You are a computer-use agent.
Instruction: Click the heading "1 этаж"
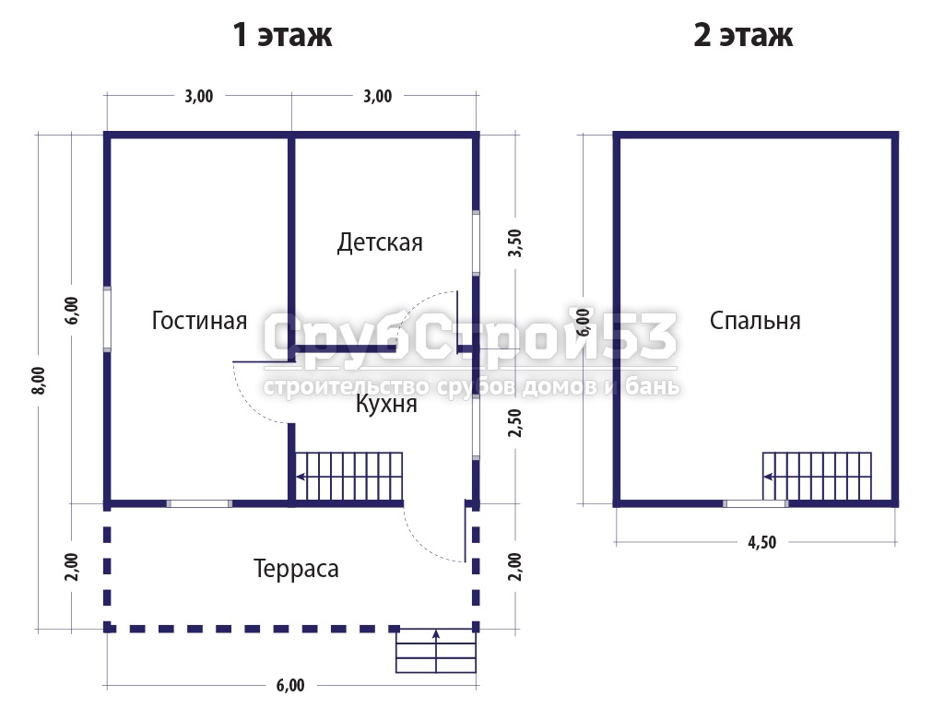click(282, 34)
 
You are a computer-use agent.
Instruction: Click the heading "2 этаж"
click(743, 34)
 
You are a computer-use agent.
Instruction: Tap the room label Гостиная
click(199, 320)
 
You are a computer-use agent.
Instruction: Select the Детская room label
click(380, 242)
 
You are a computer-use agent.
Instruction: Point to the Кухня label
click(386, 404)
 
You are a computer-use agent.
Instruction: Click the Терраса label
click(296, 569)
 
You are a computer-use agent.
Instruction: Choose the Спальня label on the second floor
click(755, 320)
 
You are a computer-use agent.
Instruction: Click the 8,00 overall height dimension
click(38, 381)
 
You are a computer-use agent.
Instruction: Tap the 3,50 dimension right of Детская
click(515, 243)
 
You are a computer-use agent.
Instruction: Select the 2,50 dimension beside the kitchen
click(515, 422)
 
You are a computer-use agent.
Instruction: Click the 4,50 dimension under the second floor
click(762, 542)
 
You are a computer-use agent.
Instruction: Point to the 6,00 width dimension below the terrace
click(290, 685)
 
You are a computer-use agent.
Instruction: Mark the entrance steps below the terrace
click(436, 650)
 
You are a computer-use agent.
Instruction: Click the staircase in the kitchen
click(348, 477)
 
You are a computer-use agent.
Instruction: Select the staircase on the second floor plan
click(817, 477)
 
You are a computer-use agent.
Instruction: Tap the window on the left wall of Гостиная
click(107, 319)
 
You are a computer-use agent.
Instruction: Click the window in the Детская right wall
click(476, 242)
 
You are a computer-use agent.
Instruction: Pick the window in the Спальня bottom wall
click(756, 503)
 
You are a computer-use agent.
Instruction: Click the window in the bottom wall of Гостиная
click(199, 503)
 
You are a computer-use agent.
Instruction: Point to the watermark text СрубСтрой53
click(469, 337)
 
